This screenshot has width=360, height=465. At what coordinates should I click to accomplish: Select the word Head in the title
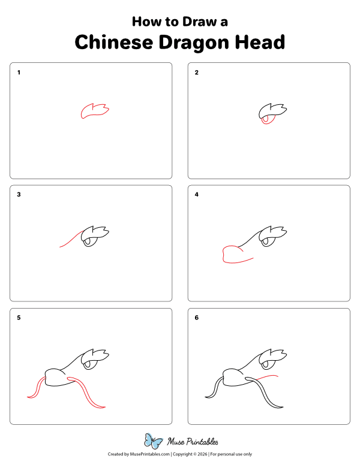[259, 43]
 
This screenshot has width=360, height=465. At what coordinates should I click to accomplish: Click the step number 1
[19, 73]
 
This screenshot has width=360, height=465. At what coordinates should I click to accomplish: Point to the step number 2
[196, 73]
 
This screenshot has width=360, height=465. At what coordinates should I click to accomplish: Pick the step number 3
[19, 195]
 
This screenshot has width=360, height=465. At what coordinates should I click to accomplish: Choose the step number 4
[196, 195]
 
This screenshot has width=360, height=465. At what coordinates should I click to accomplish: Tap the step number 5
[19, 318]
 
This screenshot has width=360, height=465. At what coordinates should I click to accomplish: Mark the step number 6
[196, 318]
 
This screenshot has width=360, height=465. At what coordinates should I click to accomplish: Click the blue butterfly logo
[154, 441]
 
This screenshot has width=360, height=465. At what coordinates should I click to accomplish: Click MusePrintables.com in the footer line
[146, 454]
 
